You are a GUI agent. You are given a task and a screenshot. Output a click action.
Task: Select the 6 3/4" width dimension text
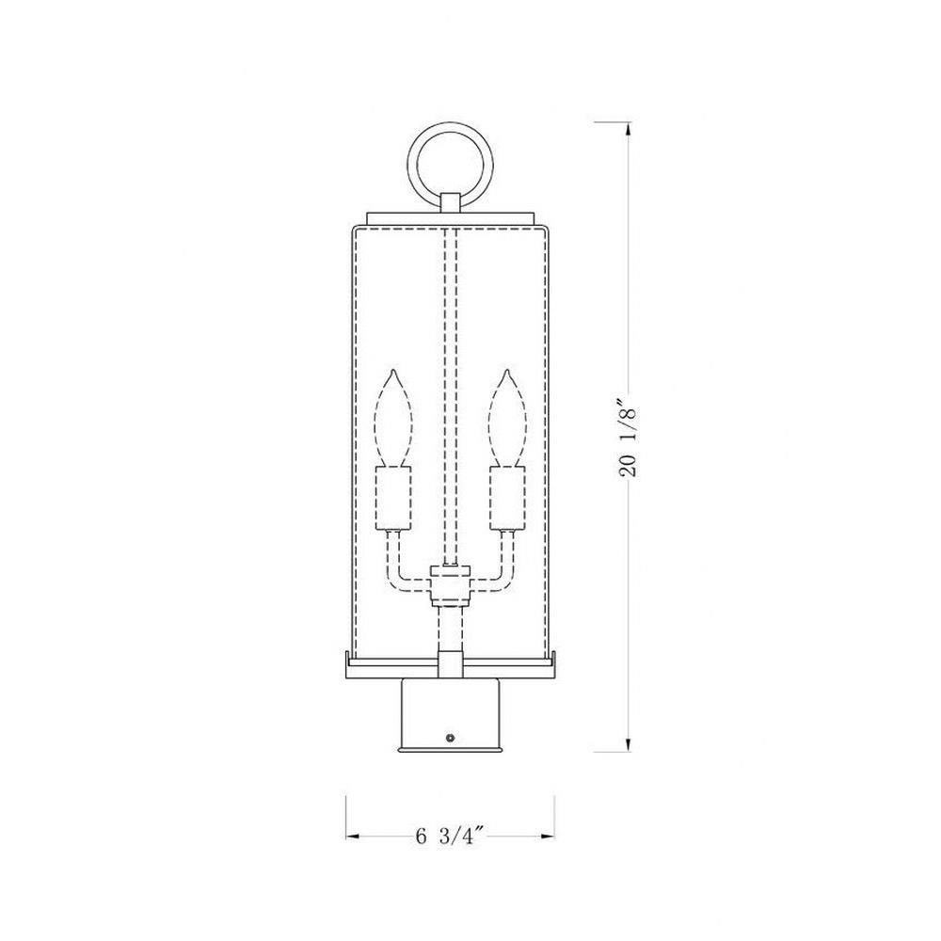pyautogui.click(x=450, y=836)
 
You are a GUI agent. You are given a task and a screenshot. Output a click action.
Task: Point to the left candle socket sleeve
pyautogui.click(x=393, y=498)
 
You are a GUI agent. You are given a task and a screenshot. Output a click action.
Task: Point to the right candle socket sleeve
pyautogui.click(x=508, y=498)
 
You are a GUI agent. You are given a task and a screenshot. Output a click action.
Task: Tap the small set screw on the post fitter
pyautogui.click(x=450, y=738)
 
